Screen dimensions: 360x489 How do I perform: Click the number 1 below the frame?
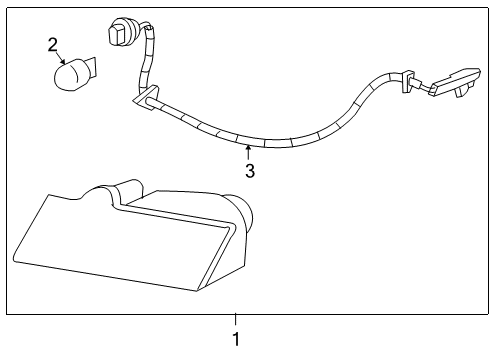(x=236, y=338)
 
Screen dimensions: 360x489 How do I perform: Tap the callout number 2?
(x=53, y=44)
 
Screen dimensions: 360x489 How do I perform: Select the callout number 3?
(x=249, y=170)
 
